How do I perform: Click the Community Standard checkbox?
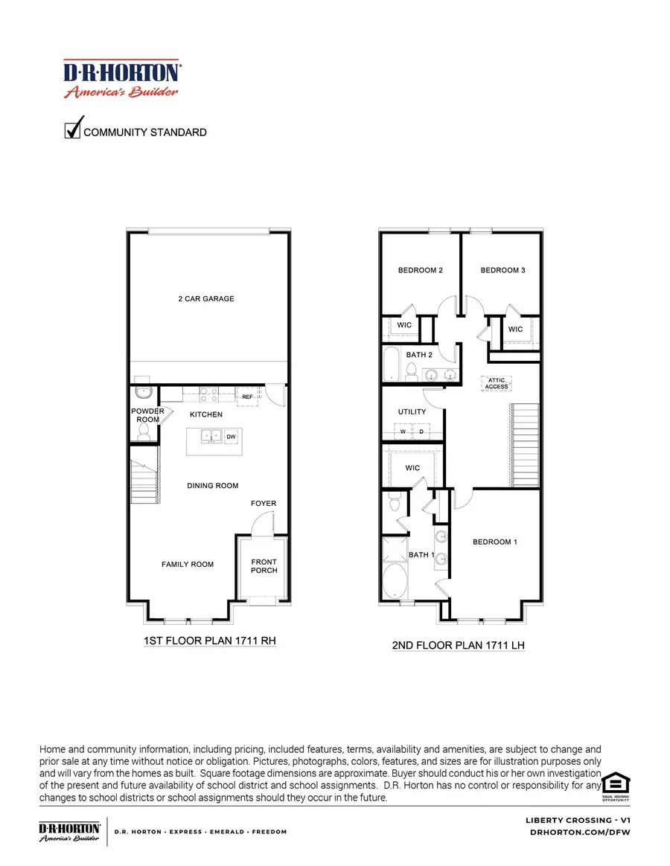(x=73, y=129)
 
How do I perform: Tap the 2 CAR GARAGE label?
(x=206, y=298)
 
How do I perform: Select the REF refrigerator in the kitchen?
(x=247, y=397)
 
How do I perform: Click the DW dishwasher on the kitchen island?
(x=231, y=437)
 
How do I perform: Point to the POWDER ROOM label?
(x=147, y=415)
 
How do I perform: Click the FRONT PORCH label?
(x=264, y=566)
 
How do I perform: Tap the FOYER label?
(x=264, y=504)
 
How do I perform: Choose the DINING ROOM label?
(x=213, y=486)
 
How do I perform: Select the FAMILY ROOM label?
(x=188, y=564)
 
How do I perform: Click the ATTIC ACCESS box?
(x=497, y=382)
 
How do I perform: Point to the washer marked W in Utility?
(x=403, y=431)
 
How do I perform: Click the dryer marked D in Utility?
(x=421, y=431)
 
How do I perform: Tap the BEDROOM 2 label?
(x=420, y=270)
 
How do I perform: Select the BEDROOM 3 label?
(x=502, y=270)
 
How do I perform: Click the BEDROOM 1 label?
(x=495, y=542)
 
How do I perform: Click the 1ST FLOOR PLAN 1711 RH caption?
(x=210, y=639)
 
